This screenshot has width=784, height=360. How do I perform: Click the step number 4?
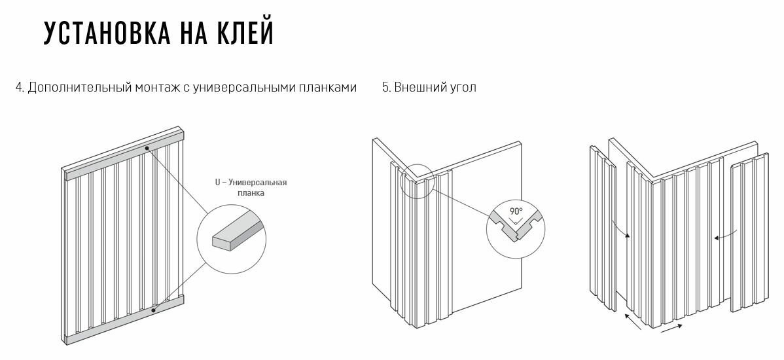tap(19, 88)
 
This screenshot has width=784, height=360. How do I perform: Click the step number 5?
tap(385, 88)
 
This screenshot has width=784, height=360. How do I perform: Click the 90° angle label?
tap(516, 212)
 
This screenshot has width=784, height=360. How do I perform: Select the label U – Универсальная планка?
tap(251, 188)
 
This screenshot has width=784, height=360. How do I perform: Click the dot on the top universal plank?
tap(148, 148)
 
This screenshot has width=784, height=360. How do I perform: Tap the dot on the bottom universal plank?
tap(153, 310)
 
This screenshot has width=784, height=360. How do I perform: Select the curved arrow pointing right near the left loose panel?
tap(620, 230)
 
